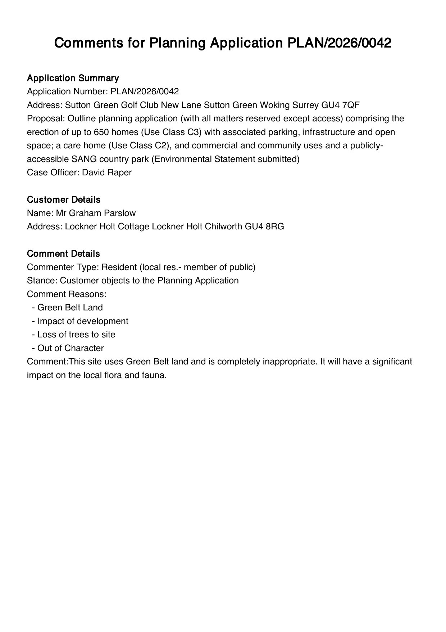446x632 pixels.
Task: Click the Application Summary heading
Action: (x=73, y=78)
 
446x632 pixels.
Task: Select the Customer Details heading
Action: (x=63, y=200)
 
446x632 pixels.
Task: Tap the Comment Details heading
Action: (x=63, y=254)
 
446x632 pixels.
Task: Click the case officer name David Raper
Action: (x=107, y=172)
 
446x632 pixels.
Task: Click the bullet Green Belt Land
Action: (x=70, y=308)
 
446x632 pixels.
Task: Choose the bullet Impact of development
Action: (x=82, y=321)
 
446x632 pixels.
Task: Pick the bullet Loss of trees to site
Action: (x=76, y=335)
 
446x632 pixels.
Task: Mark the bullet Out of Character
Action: (x=70, y=348)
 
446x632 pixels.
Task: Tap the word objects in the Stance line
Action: (x=117, y=281)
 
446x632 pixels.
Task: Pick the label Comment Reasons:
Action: (x=67, y=294)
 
